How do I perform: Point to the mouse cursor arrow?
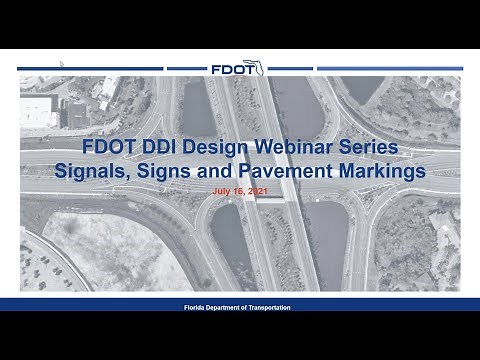click(x=61, y=63)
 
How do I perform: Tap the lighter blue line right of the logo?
click(x=390, y=69)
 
